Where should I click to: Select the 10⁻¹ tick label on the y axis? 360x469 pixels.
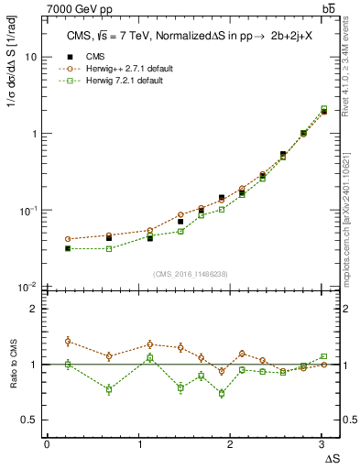28,210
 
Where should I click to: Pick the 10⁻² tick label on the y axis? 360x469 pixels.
28,287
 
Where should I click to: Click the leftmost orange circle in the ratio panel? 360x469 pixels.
68,341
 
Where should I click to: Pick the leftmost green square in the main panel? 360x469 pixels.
68,248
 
